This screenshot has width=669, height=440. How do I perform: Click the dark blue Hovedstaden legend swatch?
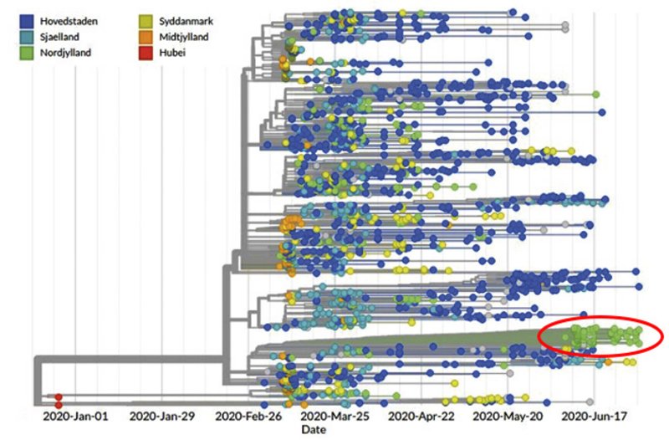pos(28,20)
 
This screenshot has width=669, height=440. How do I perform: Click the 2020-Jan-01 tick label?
pos(76,415)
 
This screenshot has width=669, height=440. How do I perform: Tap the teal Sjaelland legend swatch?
pos(28,37)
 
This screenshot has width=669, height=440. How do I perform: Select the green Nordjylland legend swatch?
pos(28,53)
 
